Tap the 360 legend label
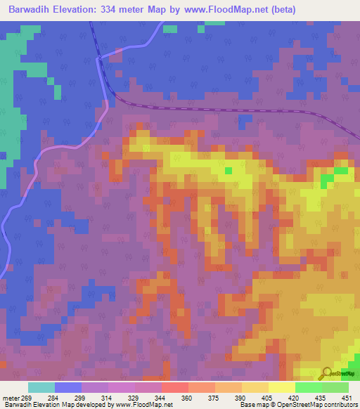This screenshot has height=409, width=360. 187,398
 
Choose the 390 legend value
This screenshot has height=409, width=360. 240,398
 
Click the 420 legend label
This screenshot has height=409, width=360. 294,398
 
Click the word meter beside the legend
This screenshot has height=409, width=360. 11,398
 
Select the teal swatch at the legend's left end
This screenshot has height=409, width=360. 41,387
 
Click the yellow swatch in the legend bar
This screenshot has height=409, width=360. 282,387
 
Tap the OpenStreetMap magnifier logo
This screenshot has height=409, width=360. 328,374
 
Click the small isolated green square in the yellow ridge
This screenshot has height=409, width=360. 228,170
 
